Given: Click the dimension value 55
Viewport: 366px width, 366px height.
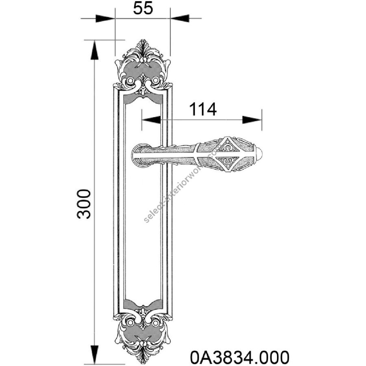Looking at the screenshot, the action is [143, 8].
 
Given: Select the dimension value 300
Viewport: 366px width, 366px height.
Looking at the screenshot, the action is [84, 204].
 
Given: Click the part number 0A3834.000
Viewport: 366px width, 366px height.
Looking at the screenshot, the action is [240, 357].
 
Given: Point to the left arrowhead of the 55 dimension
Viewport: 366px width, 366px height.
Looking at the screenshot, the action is [105, 18].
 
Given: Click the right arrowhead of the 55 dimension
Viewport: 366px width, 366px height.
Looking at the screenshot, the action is [179, 18].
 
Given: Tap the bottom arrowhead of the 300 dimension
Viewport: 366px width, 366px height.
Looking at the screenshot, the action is [94, 354].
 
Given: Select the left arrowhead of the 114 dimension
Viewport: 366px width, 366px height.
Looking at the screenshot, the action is [151, 120].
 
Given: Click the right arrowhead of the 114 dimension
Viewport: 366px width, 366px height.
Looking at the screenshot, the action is [252, 120].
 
